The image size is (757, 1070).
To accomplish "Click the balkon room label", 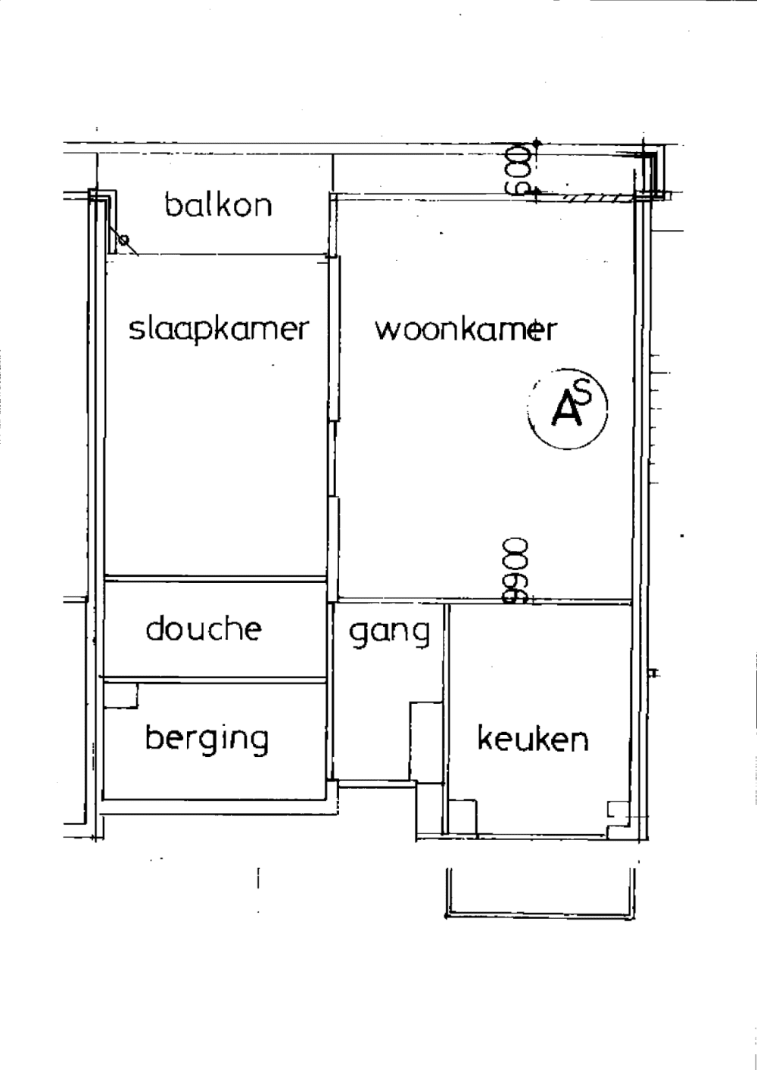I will [218, 205].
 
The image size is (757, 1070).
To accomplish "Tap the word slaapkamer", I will [219, 330].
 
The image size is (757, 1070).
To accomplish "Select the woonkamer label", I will [466, 330].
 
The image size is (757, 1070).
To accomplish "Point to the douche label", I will [204, 628].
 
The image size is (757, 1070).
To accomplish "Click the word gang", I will [388, 631].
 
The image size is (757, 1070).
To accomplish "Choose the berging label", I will [207, 738].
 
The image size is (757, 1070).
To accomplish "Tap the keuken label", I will [532, 738].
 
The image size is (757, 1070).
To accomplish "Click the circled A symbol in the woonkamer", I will [568, 409].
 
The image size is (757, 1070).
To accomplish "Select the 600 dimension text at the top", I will [519, 169].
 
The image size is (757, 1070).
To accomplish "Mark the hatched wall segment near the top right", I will [598, 198].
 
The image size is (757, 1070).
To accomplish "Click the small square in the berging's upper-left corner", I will [121, 696].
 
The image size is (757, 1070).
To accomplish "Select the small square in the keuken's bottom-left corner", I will [463, 817].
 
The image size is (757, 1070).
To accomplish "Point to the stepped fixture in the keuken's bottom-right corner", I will [618, 812].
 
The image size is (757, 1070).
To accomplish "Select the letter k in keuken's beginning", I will [484, 737].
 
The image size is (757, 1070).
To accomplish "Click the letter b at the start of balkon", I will [173, 204].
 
